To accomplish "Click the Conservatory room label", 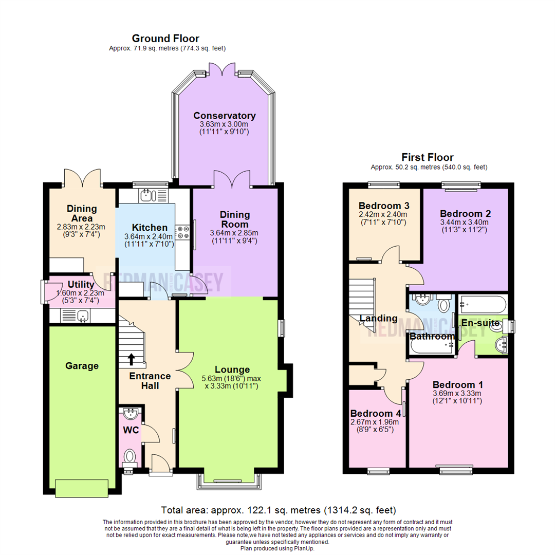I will tap(224, 115).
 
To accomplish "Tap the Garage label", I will tap(82, 366).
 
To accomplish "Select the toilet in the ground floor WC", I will tap(131, 455).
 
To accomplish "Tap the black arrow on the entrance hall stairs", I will tap(132, 358).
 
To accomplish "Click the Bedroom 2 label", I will tap(461, 213).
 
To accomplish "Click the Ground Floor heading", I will tap(165, 38).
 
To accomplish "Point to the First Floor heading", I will tap(428, 157).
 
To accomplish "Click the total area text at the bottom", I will tap(279, 510).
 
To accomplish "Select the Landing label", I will tap(379, 318).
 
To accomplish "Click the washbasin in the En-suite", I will tap(500, 345).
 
